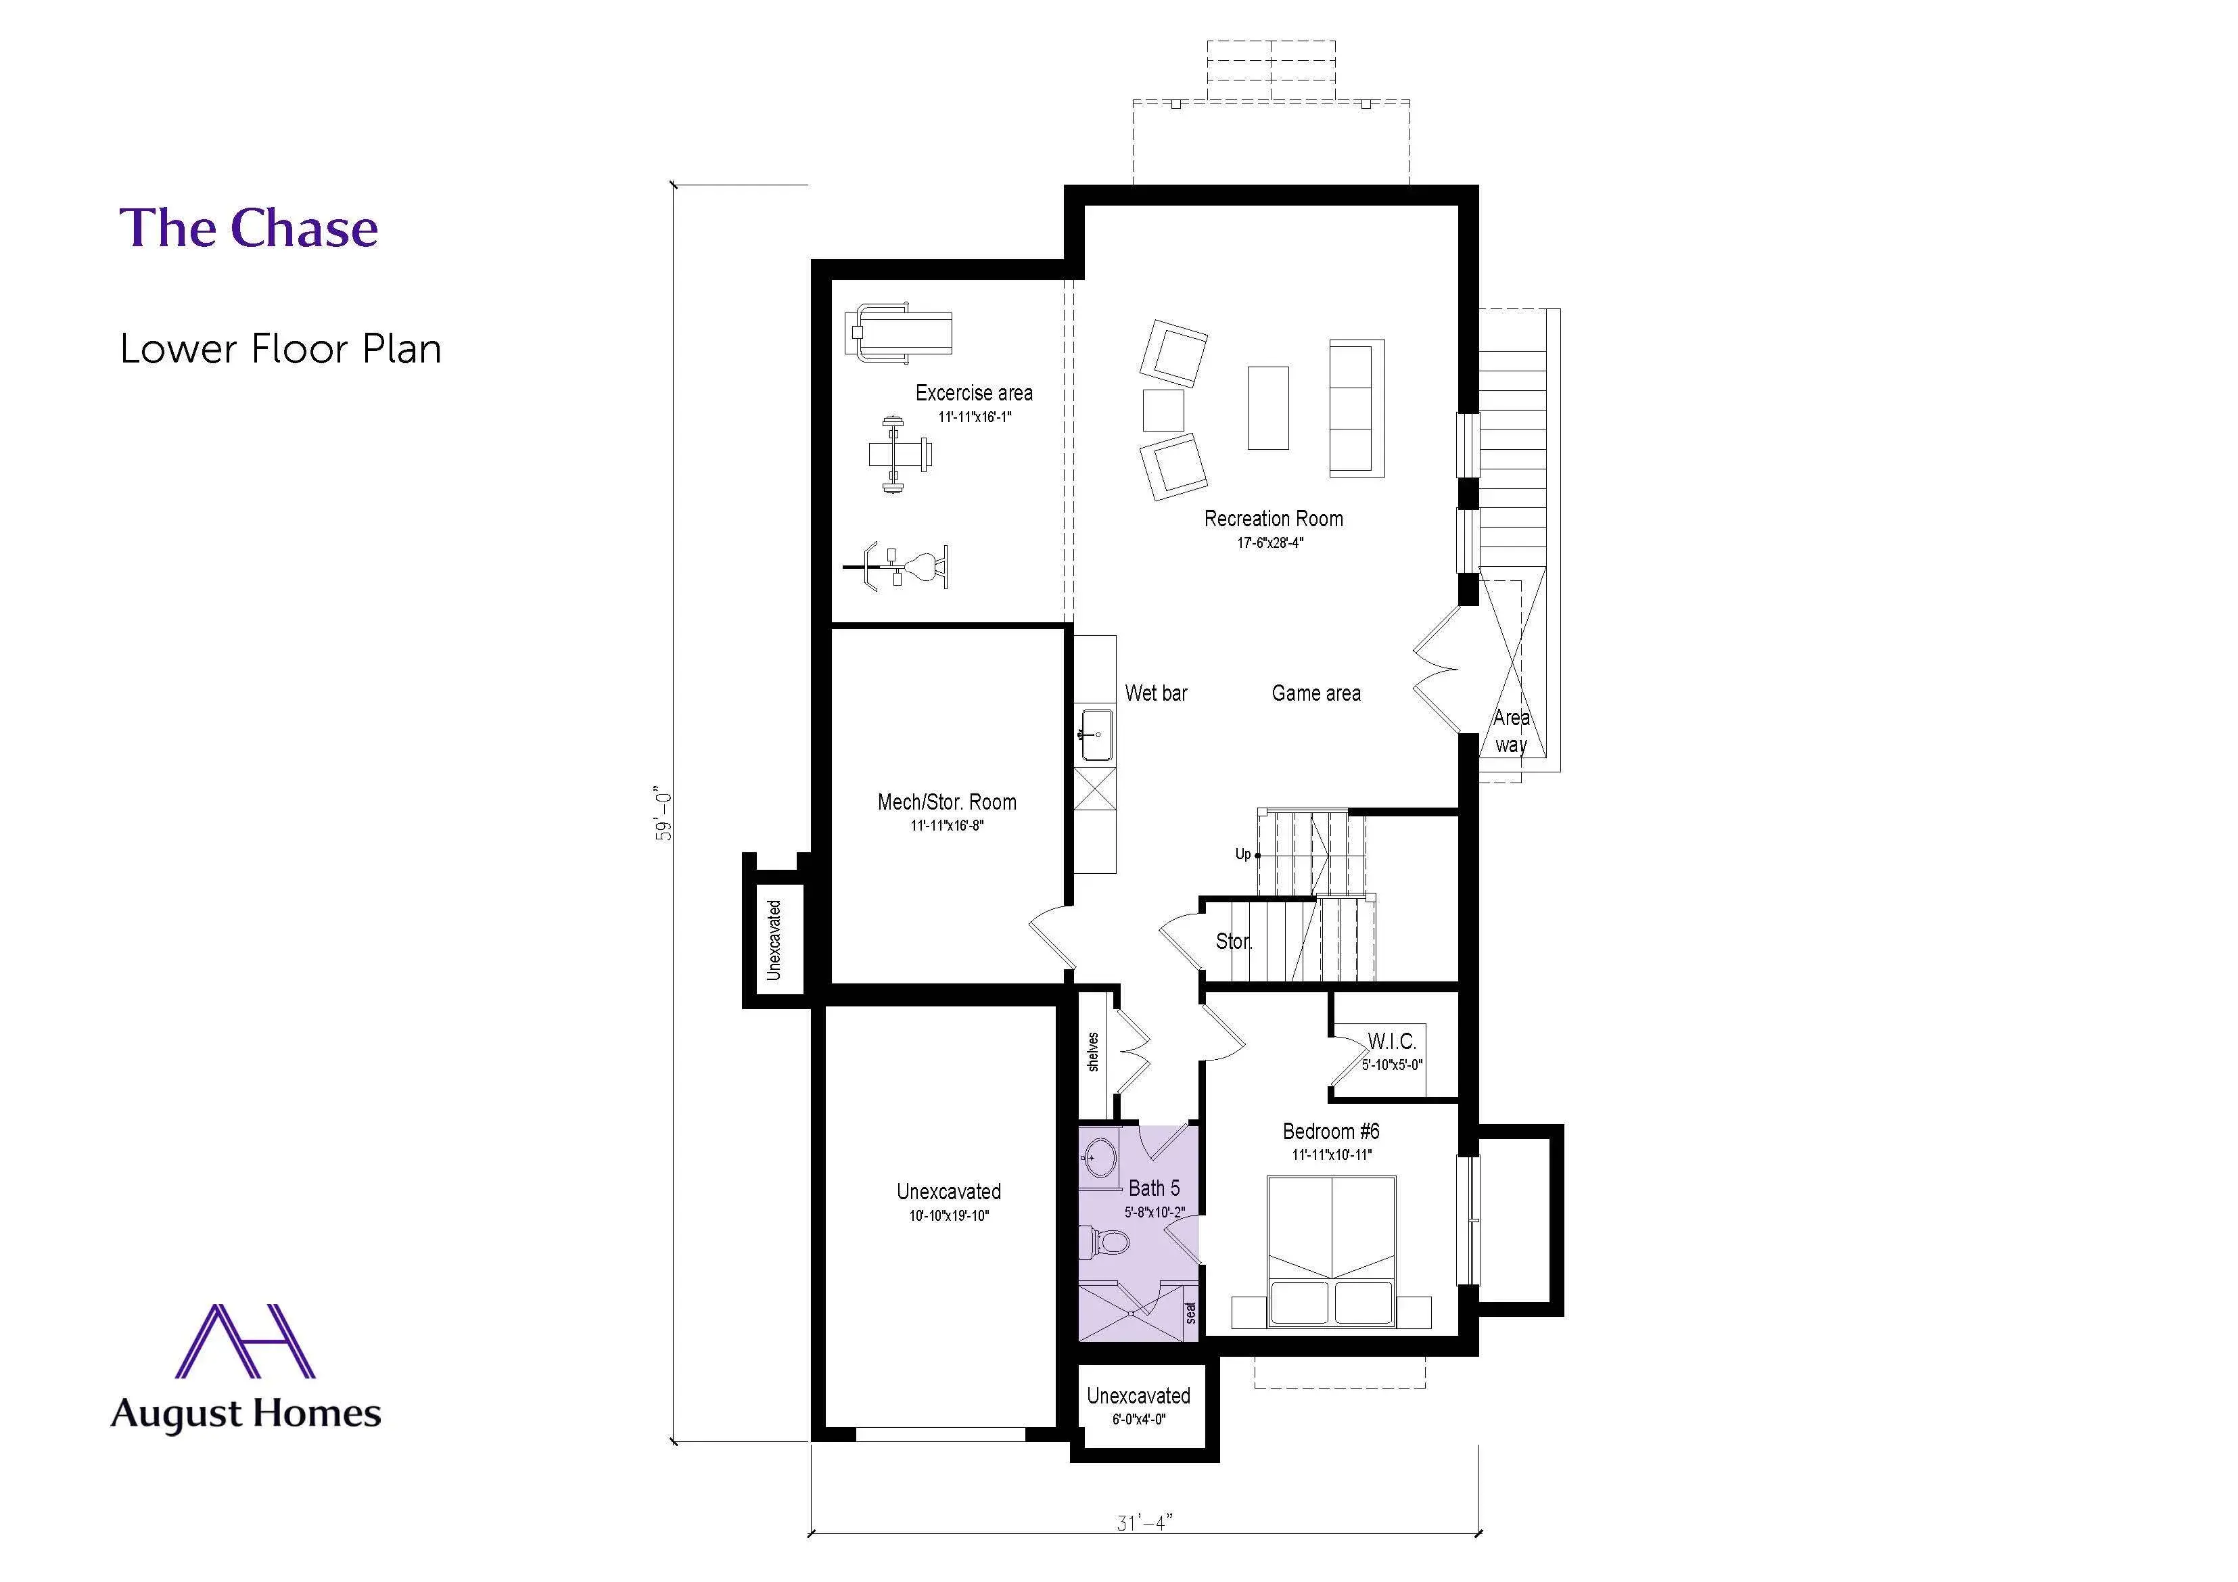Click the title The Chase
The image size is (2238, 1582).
[x=249, y=228]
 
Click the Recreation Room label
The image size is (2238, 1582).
[x=1273, y=519]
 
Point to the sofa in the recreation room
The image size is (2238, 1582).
[x=1357, y=409]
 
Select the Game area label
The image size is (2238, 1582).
[x=1316, y=693]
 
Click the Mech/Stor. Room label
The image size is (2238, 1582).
[x=946, y=802]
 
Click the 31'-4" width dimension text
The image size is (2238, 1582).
[x=1144, y=1522]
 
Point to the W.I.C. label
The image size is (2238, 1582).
[x=1392, y=1041]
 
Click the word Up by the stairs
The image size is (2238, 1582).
[x=1243, y=854]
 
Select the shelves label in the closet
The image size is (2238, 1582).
[x=1093, y=1052]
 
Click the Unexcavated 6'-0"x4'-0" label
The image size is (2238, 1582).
[x=1138, y=1396]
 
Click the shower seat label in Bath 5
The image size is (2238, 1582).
[x=1190, y=1312]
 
